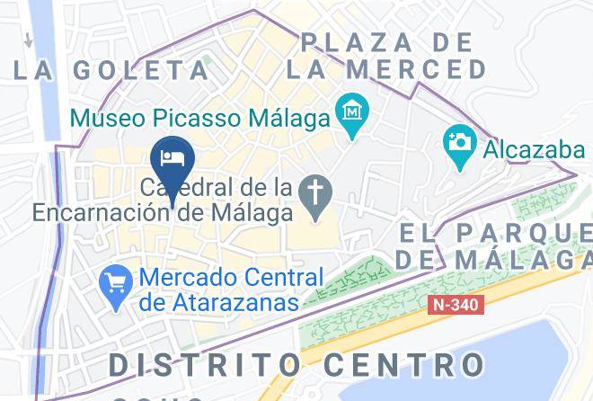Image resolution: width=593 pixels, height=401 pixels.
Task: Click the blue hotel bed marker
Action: pyautogui.click(x=172, y=158)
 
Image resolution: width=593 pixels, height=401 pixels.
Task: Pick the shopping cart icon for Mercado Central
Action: pyautogui.click(x=115, y=279)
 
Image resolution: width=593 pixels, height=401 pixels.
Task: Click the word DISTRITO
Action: pyautogui.click(x=205, y=364)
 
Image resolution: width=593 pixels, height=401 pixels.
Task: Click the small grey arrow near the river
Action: pyautogui.click(x=29, y=40)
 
